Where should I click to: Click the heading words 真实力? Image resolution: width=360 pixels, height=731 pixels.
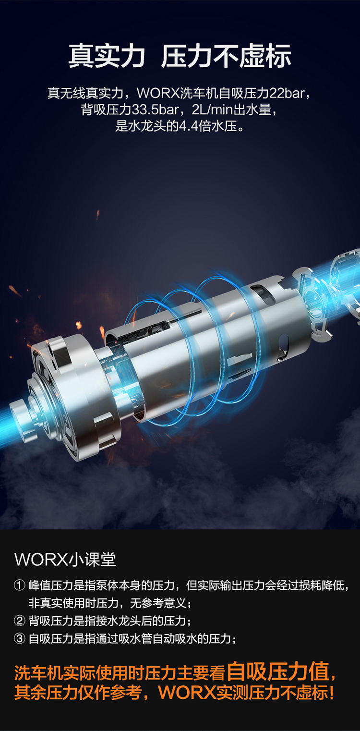107,56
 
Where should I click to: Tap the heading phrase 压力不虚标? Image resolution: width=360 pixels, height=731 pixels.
226,56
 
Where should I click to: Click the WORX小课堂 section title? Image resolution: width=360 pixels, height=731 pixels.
65,560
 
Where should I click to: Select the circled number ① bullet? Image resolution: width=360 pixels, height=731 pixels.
20,585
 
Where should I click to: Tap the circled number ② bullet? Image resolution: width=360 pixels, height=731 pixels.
20,621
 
